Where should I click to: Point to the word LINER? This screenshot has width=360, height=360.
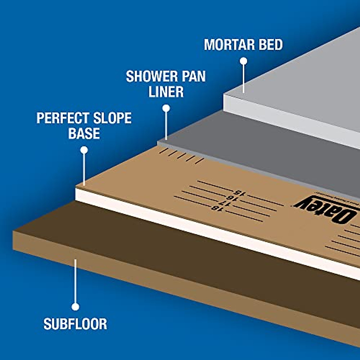pos(166,92)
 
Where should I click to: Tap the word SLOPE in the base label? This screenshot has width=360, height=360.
pos(112,118)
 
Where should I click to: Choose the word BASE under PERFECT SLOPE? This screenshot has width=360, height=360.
pos(84,133)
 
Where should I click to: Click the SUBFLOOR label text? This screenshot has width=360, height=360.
pos(75,324)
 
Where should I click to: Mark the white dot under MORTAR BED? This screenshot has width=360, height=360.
pos(244,61)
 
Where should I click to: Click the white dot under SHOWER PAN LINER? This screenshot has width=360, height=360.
pos(166,108)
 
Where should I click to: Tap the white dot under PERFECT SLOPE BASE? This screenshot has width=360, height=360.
pos(84,150)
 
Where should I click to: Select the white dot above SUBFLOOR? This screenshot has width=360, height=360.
pos(75,307)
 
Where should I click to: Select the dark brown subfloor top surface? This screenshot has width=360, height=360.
pos(180,255)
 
